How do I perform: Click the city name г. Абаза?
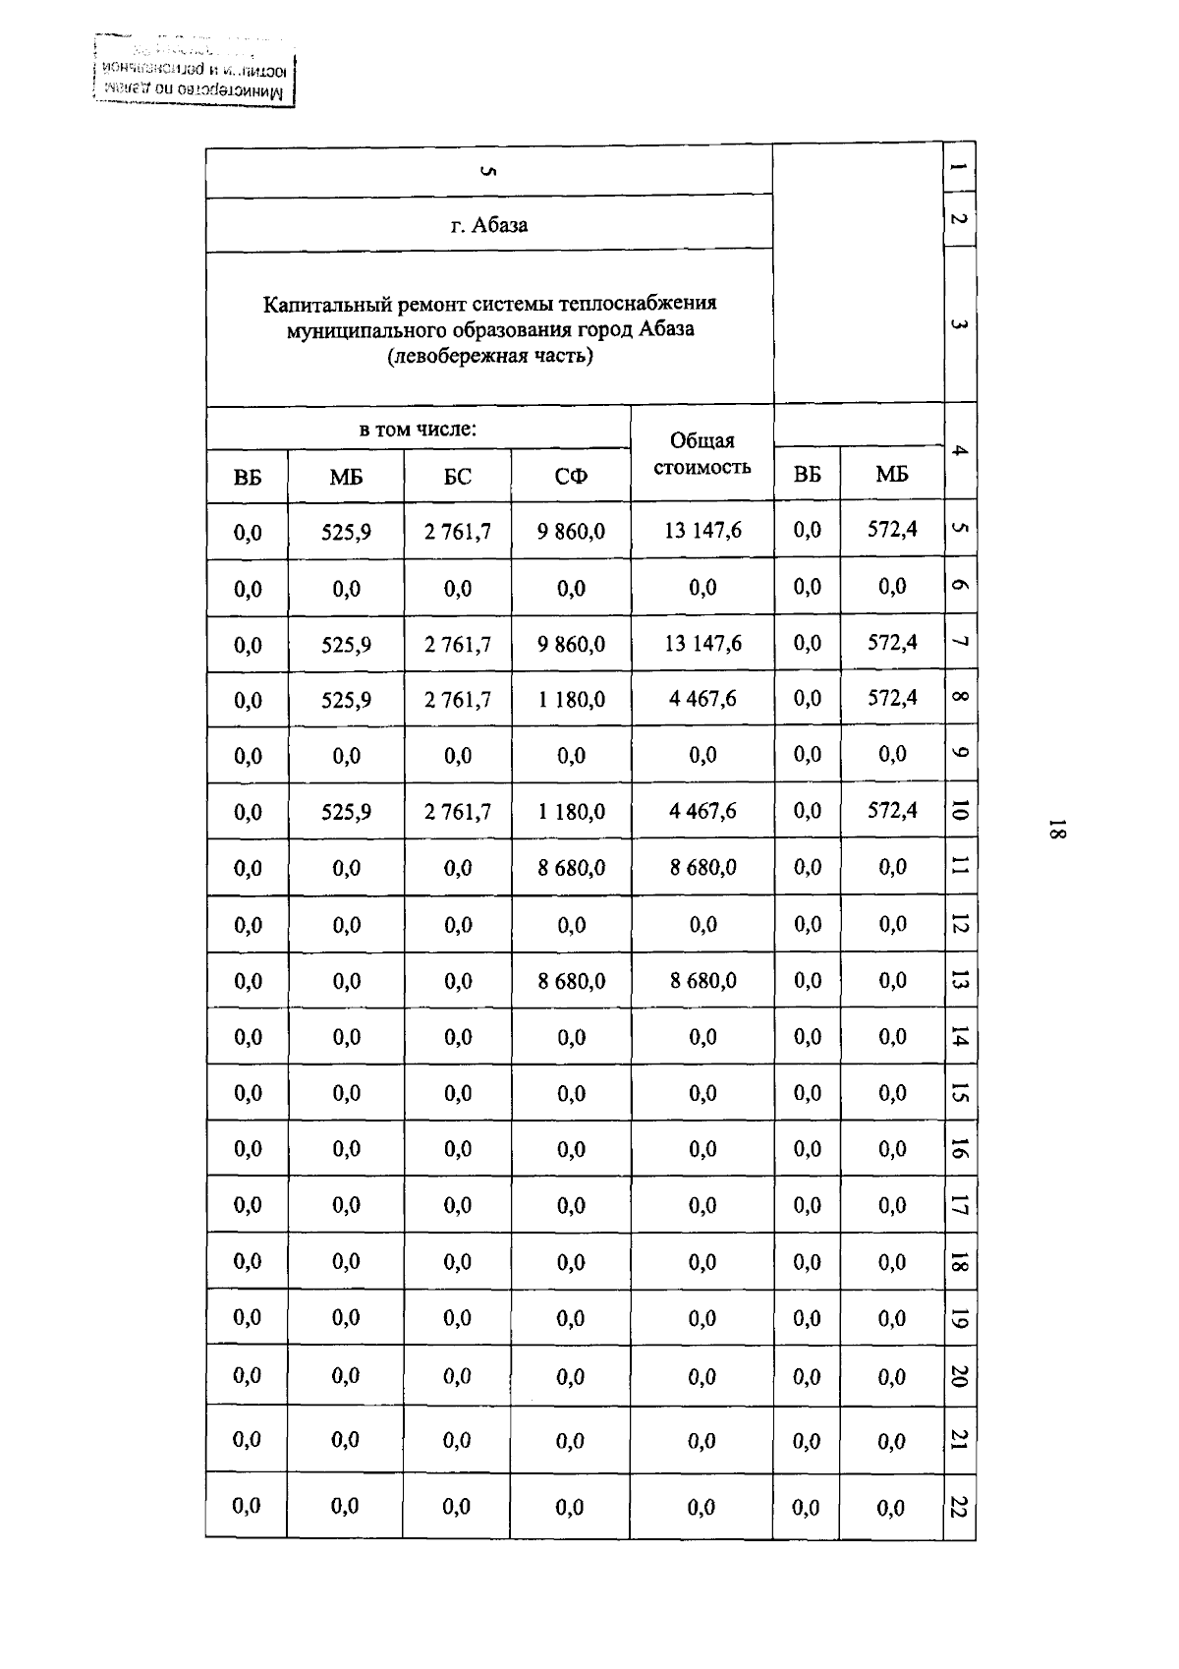click(x=488, y=225)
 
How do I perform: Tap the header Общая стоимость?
click(x=702, y=453)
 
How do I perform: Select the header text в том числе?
click(x=418, y=430)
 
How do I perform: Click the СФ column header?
click(x=570, y=477)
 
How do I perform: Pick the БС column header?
click(x=457, y=477)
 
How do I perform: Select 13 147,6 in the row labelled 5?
click(x=702, y=531)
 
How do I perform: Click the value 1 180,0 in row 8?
click(x=571, y=700)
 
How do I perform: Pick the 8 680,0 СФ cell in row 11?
click(x=571, y=868)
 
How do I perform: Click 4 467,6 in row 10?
click(x=702, y=812)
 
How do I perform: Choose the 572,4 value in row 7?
click(x=891, y=643)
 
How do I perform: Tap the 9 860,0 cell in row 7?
click(x=571, y=645)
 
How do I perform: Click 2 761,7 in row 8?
click(x=457, y=700)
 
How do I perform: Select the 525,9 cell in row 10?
click(x=346, y=812)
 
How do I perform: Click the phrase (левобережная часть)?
click(x=489, y=356)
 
